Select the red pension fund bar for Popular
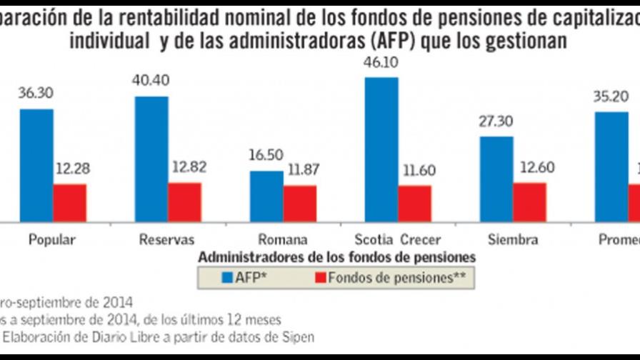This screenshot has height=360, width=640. point(70,203)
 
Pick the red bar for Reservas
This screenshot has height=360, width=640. point(185,202)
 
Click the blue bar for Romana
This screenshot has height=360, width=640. point(266,196)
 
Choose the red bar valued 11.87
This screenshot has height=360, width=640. point(300,204)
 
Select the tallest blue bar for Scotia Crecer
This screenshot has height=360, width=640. point(381,149)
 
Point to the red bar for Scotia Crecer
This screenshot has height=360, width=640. point(415,204)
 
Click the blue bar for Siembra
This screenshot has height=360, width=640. point(496,179)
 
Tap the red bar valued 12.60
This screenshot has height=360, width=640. point(530,202)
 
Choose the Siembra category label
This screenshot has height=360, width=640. point(514,240)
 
